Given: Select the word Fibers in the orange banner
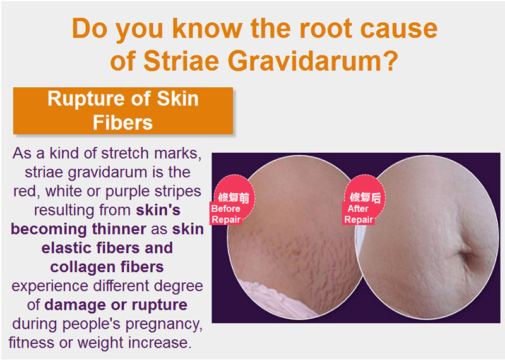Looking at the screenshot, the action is pyautogui.click(x=122, y=123).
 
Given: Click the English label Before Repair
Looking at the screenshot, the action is pyautogui.click(x=226, y=214).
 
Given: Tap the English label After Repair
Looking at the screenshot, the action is pyautogui.click(x=359, y=214).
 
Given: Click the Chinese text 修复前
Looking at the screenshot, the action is pyautogui.click(x=234, y=198).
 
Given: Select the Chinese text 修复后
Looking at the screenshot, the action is pyautogui.click(x=365, y=197).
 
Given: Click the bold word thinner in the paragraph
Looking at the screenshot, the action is pyautogui.click(x=119, y=229).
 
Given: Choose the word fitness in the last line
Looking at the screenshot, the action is pyautogui.click(x=32, y=342).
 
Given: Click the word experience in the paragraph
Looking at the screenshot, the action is pyautogui.click(x=50, y=286).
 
